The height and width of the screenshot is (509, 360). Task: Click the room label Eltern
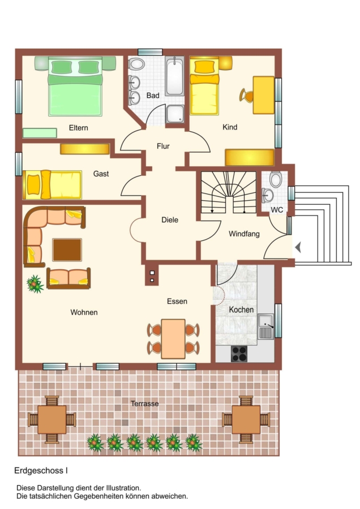coord(78,128)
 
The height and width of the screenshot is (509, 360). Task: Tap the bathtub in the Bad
coord(174,76)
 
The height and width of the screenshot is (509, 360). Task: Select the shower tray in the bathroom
coord(175,114)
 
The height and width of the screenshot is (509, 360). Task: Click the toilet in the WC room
coord(276,179)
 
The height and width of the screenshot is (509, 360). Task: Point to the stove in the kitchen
coord(239,354)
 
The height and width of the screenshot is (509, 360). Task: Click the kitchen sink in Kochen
coord(266,326)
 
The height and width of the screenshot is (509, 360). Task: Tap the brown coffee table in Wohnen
coord(67,249)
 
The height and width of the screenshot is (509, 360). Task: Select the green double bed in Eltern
coord(75,87)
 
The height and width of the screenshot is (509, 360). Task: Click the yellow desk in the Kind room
coord(264,95)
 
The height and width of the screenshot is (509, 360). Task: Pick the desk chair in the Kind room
coord(247,96)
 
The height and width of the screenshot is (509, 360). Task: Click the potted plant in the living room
coord(35,284)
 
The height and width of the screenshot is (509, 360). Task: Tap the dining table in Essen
coord(173,339)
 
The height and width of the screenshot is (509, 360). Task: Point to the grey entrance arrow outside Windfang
coord(298,248)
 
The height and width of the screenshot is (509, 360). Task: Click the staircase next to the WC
coord(229,192)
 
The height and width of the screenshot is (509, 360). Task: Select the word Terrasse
coord(144,403)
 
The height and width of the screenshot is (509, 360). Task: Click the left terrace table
coord(52,420)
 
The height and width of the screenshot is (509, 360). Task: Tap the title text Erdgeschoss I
coord(41,471)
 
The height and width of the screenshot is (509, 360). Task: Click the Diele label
coord(170,220)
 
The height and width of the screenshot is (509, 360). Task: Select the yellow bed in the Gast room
coord(52,185)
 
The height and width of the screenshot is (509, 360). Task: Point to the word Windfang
coord(244,234)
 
